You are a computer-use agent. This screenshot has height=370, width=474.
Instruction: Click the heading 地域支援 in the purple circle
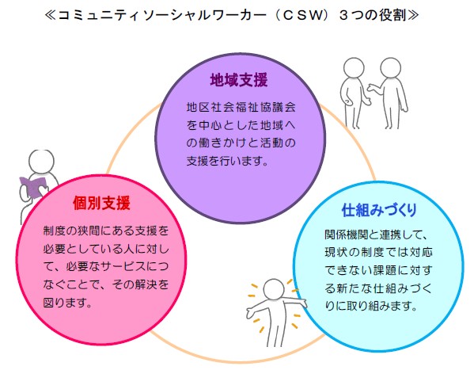click(x=239, y=80)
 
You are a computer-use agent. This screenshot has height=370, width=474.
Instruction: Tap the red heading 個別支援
click(x=101, y=203)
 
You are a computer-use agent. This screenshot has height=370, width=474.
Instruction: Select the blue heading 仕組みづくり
click(x=379, y=210)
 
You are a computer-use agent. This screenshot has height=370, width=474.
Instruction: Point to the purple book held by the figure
click(x=33, y=186)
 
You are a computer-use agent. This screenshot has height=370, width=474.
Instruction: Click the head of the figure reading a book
click(x=41, y=161)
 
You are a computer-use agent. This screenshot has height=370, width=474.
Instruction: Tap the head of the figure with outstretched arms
click(x=274, y=289)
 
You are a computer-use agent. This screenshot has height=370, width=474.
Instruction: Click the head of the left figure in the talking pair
click(x=354, y=68)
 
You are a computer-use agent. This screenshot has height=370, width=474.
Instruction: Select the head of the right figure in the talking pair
click(x=391, y=68)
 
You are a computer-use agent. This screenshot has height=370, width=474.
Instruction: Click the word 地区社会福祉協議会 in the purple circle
click(x=241, y=107)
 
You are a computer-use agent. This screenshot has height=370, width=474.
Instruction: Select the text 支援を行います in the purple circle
click(x=224, y=161)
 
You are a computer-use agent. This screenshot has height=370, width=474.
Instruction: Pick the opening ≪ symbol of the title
click(x=50, y=15)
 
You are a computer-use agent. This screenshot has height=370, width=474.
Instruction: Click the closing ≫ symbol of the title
click(x=413, y=15)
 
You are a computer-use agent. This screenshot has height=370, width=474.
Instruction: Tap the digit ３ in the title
click(x=343, y=15)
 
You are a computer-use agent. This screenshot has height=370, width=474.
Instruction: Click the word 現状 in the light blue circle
click(x=336, y=252)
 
